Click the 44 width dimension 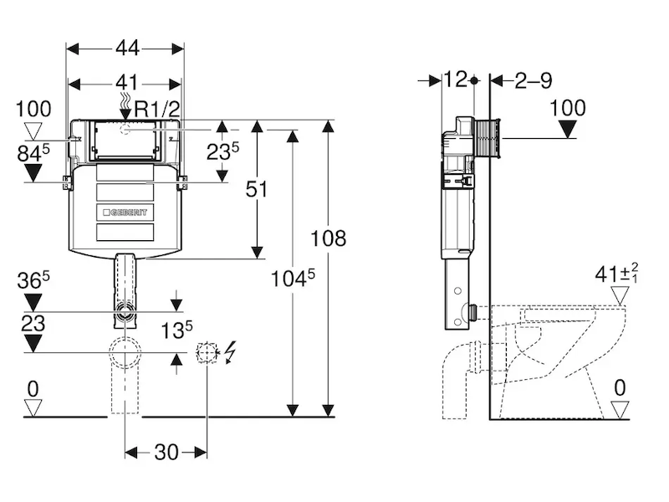(x=128, y=48)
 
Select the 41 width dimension (x=128, y=82)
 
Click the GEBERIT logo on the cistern (x=125, y=213)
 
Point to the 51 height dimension (x=257, y=189)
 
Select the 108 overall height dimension (x=328, y=238)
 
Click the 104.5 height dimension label (x=293, y=278)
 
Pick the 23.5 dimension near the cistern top (x=222, y=151)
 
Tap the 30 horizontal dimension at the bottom (x=166, y=452)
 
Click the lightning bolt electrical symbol (x=230, y=352)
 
